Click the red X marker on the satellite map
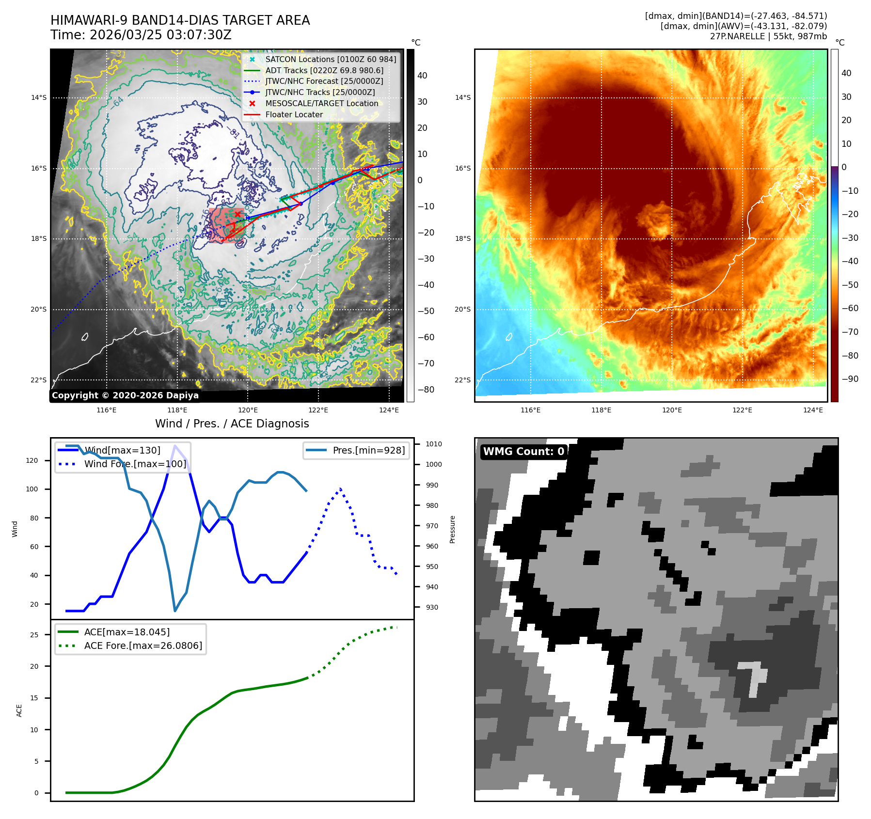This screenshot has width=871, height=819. point(238,214)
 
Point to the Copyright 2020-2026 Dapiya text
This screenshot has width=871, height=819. point(125,395)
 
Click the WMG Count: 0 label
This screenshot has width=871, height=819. point(523,452)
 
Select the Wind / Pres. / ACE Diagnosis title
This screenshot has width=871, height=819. point(232,424)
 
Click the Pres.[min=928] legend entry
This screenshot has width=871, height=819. point(368,450)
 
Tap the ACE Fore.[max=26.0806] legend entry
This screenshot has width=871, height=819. point(143,646)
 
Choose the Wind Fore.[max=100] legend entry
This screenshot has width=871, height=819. point(135,464)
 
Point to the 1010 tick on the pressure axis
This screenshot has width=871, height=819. point(433,444)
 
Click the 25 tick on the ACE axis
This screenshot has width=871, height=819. point(34,635)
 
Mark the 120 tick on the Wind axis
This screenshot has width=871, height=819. point(32,460)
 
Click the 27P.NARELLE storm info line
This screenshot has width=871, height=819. point(768,36)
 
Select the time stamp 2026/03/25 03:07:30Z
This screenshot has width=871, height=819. point(160,35)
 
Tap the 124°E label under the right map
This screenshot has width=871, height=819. point(813,410)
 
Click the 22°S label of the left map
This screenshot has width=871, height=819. point(39,380)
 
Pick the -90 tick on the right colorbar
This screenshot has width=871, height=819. point(850,379)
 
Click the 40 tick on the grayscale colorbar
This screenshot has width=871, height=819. point(422,76)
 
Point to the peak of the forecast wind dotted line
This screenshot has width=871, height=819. point(341,489)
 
